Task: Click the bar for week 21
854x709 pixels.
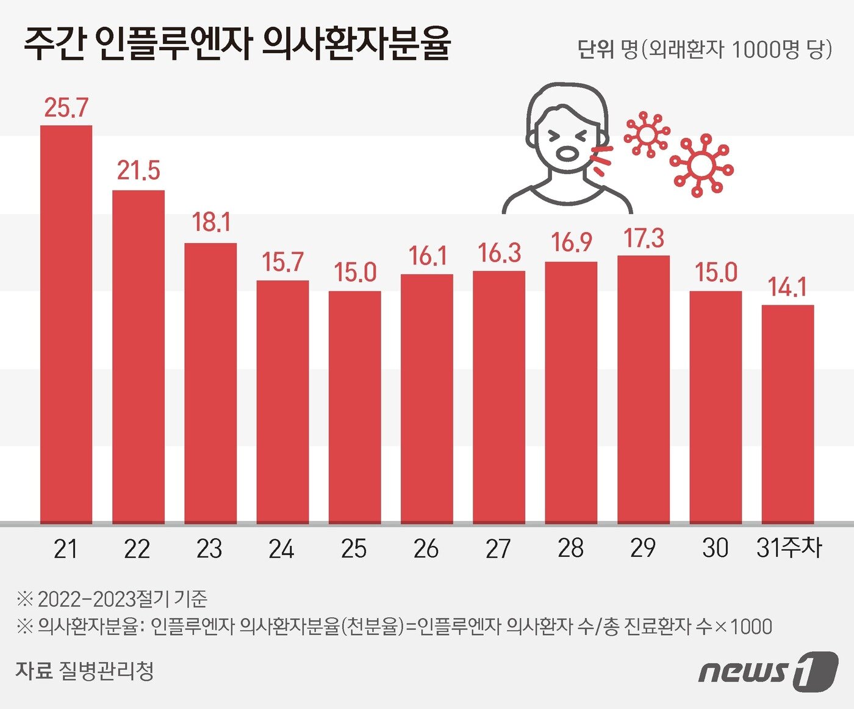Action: click(66, 324)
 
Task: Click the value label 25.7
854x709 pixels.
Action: click(66, 108)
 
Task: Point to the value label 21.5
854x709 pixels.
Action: click(138, 171)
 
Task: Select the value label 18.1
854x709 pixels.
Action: click(211, 223)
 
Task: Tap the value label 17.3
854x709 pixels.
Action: click(644, 238)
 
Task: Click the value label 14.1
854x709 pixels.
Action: click(788, 287)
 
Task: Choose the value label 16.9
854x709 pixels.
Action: click(572, 242)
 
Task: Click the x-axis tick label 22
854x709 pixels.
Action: click(137, 549)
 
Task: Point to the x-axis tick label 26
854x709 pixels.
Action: click(426, 549)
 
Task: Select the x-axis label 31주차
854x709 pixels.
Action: click(789, 548)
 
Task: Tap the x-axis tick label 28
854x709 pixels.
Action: click(570, 548)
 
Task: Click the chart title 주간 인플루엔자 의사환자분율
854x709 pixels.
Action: click(237, 45)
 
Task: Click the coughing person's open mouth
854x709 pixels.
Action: click(567, 153)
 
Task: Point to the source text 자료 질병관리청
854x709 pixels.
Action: click(85, 671)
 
